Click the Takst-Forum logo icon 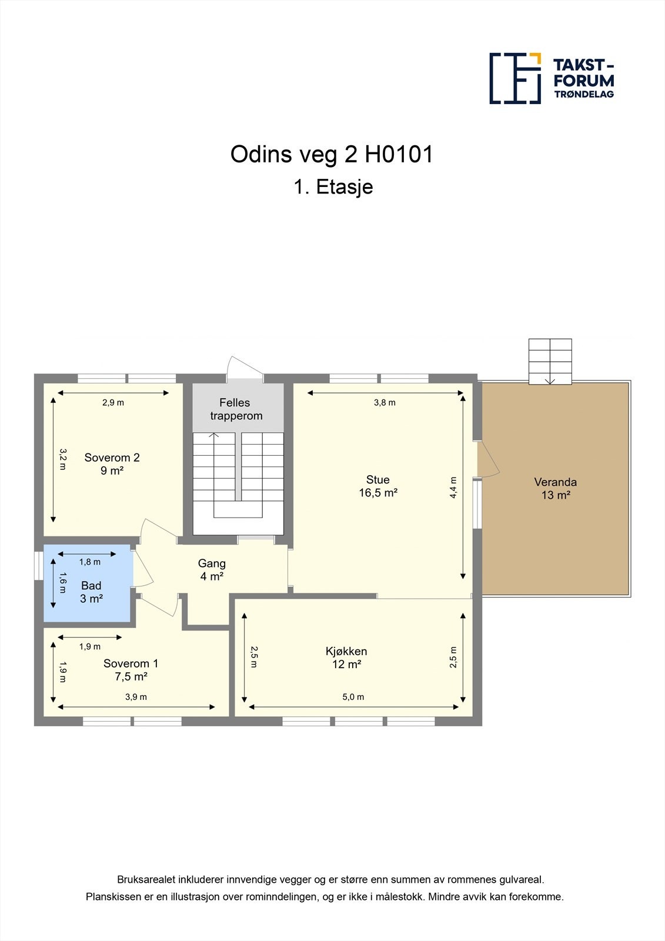pos(515,78)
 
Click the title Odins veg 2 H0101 pos(332,155)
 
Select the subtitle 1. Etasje pos(333,187)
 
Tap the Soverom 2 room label pos(112,463)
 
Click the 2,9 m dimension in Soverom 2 pos(113,403)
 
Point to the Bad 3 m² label pos(91,592)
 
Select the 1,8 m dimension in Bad pos(89,562)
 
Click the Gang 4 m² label pos(212,570)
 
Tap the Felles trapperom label pos(236,409)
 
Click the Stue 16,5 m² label pos(378,486)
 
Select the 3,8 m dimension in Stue pos(385,403)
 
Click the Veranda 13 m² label pos(555,488)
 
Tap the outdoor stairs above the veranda pos(550,361)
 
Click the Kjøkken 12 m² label pos(346,658)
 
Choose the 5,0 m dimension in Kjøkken pos(353,697)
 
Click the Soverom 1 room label pos(131,669)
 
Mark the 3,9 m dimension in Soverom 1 pos(136,697)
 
